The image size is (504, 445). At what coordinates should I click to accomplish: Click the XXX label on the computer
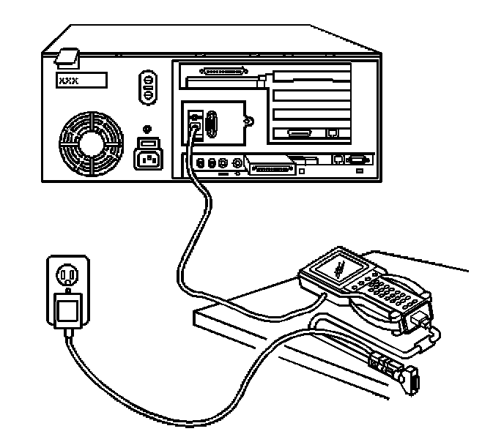click(x=79, y=79)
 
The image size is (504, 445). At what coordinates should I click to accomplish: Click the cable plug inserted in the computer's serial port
click(x=194, y=130)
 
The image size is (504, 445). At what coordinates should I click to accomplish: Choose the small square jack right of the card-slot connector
click(x=333, y=132)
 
